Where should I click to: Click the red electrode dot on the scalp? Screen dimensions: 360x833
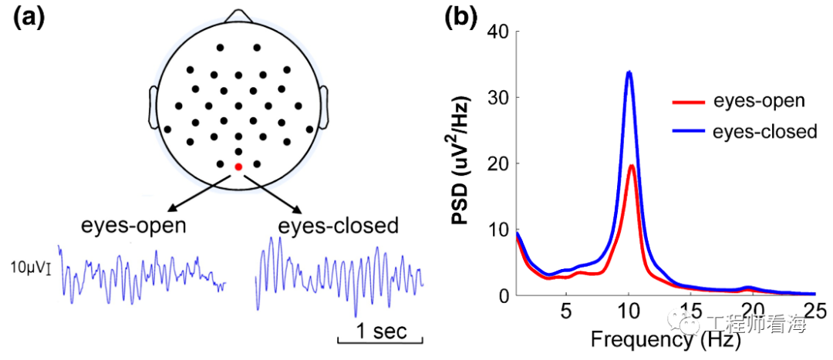[x=238, y=167]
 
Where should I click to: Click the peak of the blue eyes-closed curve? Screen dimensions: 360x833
[x=629, y=73]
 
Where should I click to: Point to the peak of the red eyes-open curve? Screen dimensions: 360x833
[x=632, y=166]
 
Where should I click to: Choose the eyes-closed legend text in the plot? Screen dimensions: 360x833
[x=764, y=132]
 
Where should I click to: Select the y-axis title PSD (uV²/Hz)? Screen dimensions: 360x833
[x=464, y=163]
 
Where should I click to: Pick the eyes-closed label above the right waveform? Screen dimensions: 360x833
[x=339, y=227]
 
